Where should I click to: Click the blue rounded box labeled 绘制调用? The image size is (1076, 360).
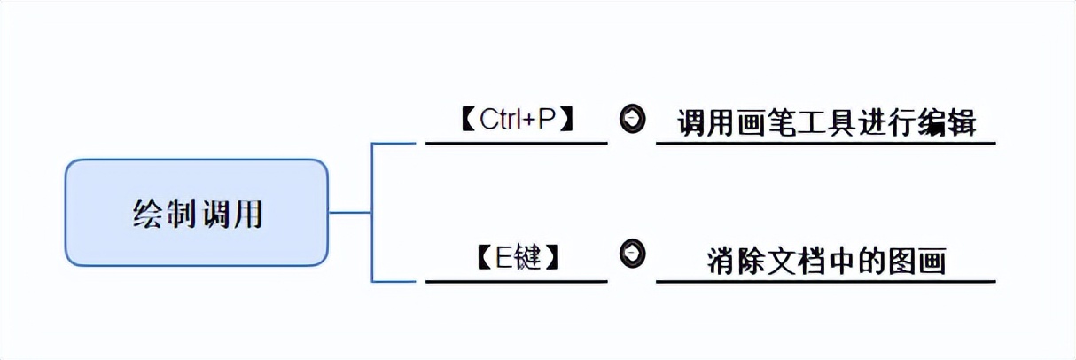[196, 213]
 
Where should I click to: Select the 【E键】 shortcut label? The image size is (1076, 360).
[517, 258]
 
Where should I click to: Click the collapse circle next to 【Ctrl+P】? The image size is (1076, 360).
[632, 119]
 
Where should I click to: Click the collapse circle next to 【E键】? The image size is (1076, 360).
[632, 253]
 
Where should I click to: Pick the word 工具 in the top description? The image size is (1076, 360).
[828, 122]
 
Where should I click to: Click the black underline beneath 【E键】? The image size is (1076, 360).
[516, 282]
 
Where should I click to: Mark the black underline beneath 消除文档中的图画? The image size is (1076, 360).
[825, 282]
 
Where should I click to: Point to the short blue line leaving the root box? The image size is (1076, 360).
[350, 213]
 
